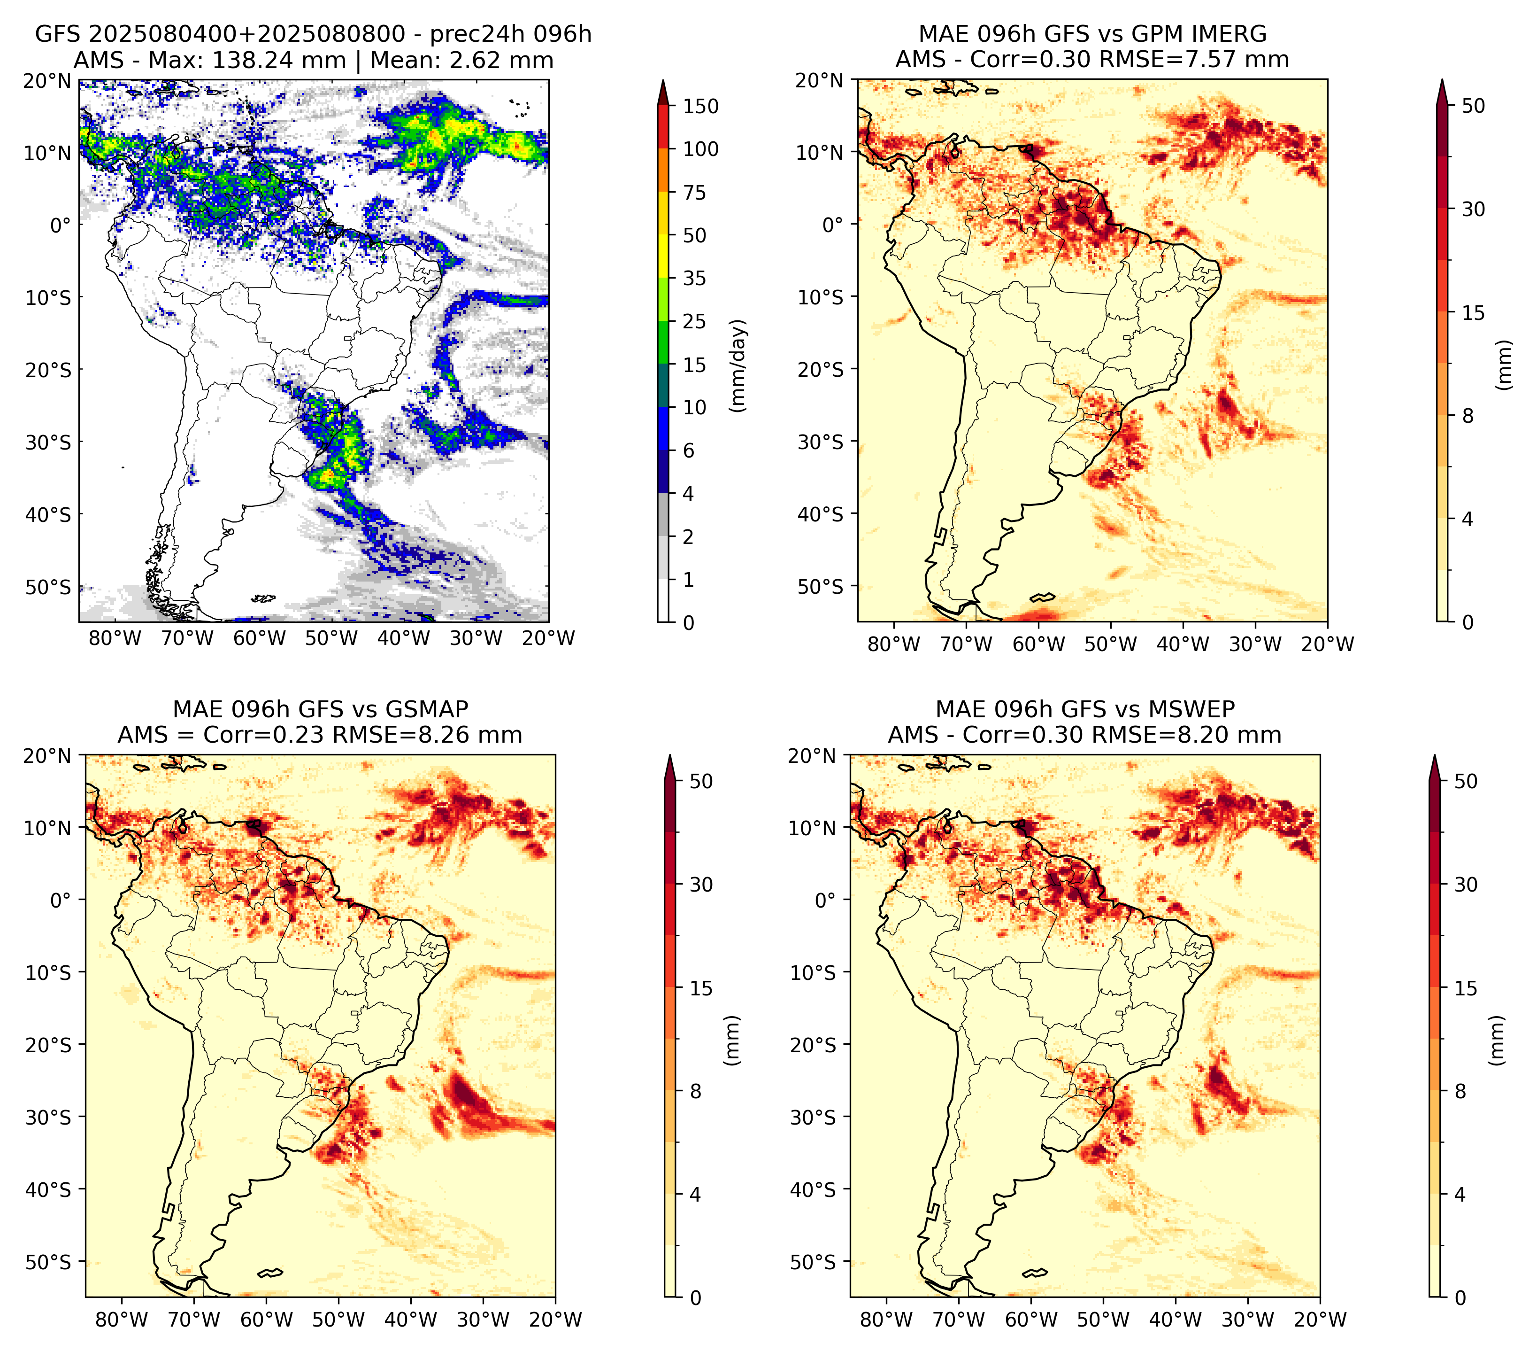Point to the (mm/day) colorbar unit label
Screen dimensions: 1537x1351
(739, 365)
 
